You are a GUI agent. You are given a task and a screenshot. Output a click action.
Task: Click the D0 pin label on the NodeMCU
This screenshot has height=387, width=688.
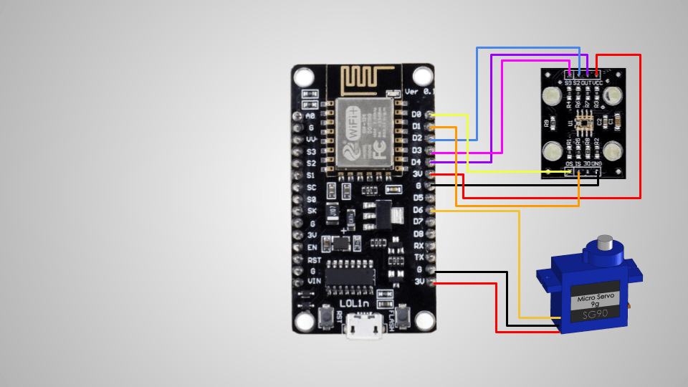(x=417, y=114)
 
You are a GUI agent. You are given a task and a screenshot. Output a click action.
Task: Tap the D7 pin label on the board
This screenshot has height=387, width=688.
(x=417, y=222)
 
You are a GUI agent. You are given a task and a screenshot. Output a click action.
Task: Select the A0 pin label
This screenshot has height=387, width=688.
(x=310, y=115)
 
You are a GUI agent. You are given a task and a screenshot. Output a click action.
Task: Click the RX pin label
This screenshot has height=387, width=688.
(x=419, y=246)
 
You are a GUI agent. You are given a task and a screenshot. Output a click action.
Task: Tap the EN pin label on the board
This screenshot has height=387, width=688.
(x=312, y=247)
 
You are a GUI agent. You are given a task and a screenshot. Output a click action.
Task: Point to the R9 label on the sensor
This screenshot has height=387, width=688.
(x=547, y=123)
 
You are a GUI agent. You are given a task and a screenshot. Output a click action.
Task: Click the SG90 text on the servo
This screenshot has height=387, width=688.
(x=597, y=314)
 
